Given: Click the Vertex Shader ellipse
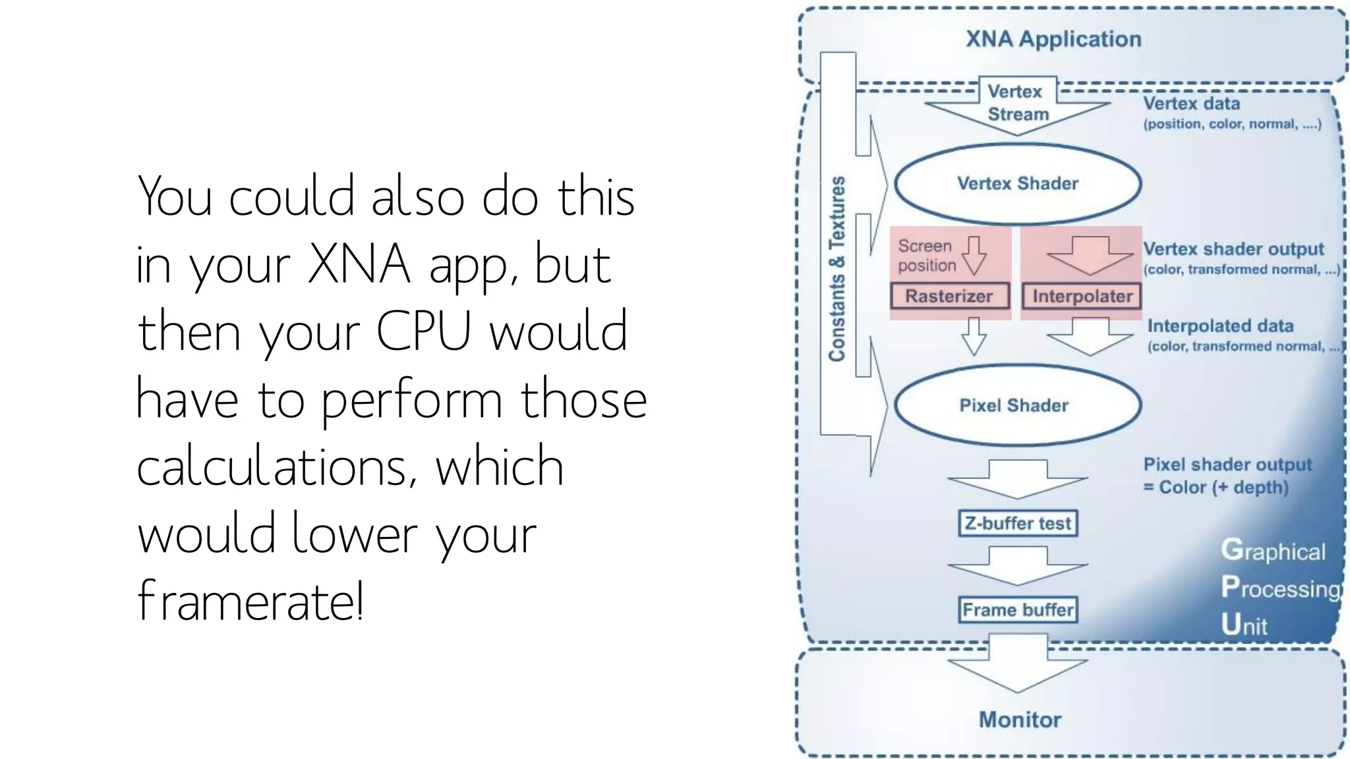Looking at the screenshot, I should coord(1017,183).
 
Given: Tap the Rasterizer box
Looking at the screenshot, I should coord(949,296).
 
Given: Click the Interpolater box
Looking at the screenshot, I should coord(1082,296).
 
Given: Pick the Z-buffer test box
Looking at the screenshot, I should coord(1018,523).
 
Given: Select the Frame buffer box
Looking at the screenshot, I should coord(1018,609).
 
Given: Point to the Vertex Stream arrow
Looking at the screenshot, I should coord(1017,105).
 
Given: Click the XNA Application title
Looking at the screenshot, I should coord(1053,39).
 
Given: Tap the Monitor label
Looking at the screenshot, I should coord(1020,719).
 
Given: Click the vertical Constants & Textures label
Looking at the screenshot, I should coord(836,269).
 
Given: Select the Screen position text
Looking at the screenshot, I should coord(926,256).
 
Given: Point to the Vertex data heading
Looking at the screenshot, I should coord(1191,103).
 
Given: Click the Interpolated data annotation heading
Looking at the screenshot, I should coord(1220,325).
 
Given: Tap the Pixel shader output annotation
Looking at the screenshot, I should coord(1227,464).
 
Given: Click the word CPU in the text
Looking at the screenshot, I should coord(423,331).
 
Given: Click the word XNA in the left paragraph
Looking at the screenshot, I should coord(359,264).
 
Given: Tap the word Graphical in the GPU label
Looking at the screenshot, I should coord(1272,551).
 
